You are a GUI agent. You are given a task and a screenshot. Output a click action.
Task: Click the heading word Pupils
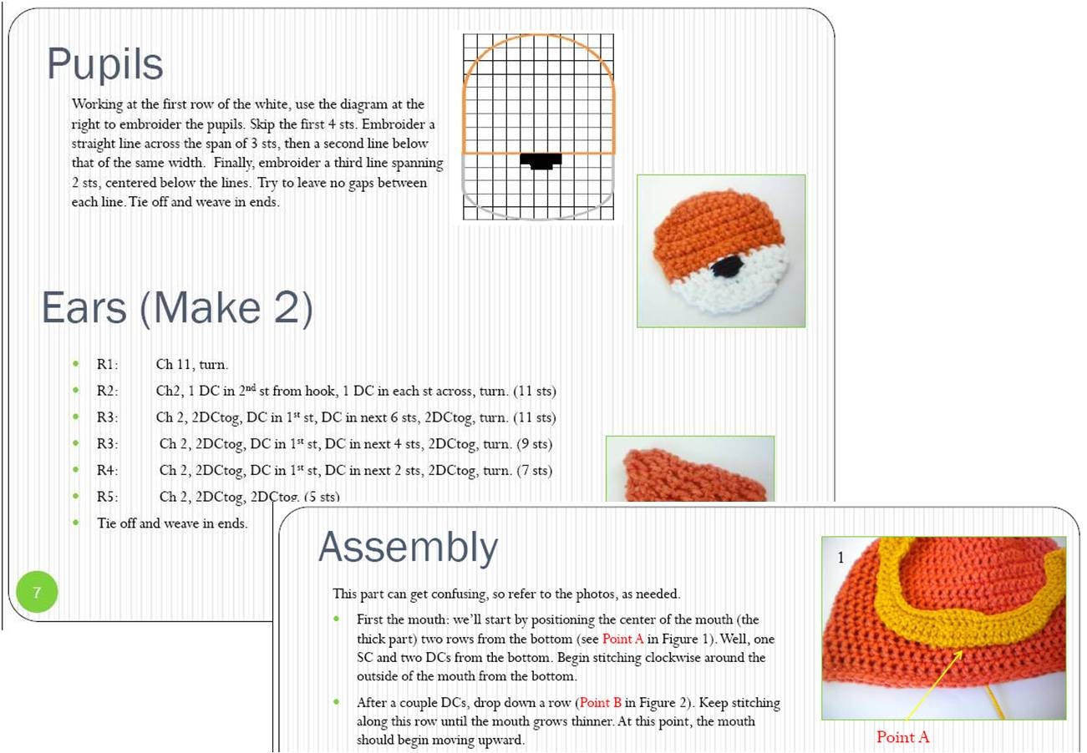click(105, 64)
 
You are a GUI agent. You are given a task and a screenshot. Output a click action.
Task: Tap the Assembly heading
click(408, 548)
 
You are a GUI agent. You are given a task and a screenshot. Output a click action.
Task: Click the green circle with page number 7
click(37, 593)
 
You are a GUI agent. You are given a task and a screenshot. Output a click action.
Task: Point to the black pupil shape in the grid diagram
click(541, 159)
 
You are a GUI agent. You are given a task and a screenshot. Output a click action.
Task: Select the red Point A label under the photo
click(902, 737)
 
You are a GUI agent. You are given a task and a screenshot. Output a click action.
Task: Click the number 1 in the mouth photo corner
click(841, 558)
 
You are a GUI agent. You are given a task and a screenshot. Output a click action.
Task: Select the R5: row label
click(108, 497)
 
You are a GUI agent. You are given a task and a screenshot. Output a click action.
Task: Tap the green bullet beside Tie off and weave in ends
click(77, 523)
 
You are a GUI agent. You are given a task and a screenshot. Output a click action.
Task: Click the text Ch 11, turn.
click(191, 364)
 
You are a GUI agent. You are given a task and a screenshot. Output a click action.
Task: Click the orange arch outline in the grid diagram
click(539, 36)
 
